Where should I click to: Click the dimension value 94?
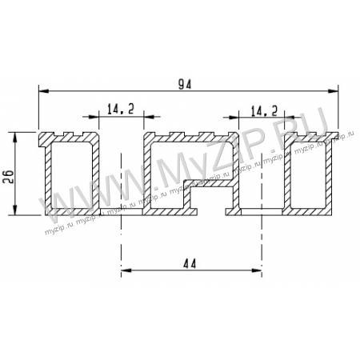pos(185,84)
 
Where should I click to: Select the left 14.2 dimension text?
pos(121,110)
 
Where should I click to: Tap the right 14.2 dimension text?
pos(264,110)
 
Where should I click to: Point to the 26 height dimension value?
pos(8,176)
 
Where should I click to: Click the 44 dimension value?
pos(190,264)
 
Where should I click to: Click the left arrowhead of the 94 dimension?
pos(44,91)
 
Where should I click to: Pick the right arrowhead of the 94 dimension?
pos(333,91)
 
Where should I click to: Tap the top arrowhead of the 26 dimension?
pos(15,137)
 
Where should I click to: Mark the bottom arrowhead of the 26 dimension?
pos(15,210)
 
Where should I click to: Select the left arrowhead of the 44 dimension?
pos(126,270)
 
